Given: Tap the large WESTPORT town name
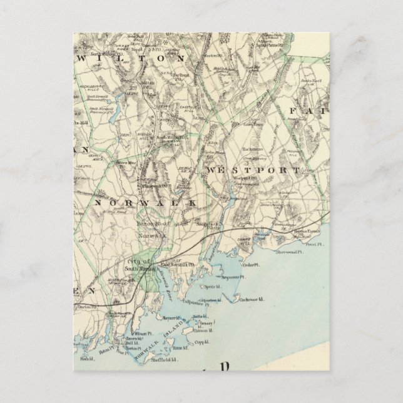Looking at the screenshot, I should coord(250,170).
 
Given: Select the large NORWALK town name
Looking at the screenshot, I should coord(146,203).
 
